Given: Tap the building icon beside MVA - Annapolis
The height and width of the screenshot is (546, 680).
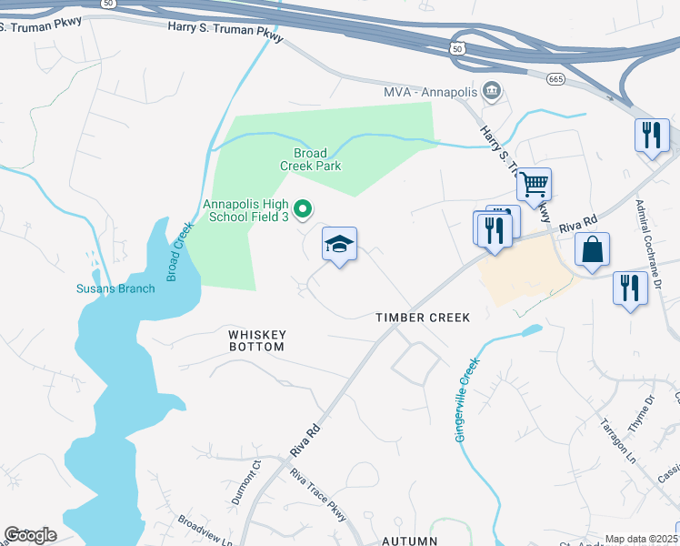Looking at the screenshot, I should pos(492,91).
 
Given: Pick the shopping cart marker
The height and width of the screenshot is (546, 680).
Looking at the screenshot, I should pos(534,185).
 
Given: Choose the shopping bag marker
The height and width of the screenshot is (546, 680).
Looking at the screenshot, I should pos(592,248).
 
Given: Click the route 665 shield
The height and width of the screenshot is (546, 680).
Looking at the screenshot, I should pos(556,80).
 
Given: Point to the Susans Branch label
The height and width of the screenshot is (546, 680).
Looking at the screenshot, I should pos(115,289).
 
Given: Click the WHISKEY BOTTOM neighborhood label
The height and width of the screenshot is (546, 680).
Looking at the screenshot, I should pos(256,340).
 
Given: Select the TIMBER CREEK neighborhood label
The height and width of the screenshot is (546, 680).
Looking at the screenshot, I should pos(423,318).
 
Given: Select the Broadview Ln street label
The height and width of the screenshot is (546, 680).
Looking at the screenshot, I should pos(205,531).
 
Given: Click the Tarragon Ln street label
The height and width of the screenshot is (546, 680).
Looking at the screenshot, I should pos(617,440).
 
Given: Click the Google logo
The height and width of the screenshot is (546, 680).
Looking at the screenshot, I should pos(30,535).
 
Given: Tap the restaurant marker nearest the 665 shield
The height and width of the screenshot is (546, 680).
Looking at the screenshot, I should pos(650,136).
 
